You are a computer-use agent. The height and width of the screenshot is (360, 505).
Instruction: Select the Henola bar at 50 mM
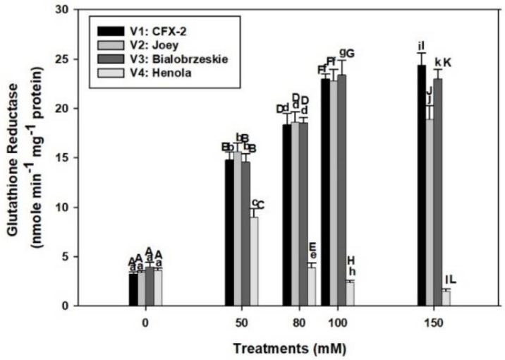point(254,261)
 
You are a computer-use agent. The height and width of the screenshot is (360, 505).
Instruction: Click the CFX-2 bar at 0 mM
point(133,289)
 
